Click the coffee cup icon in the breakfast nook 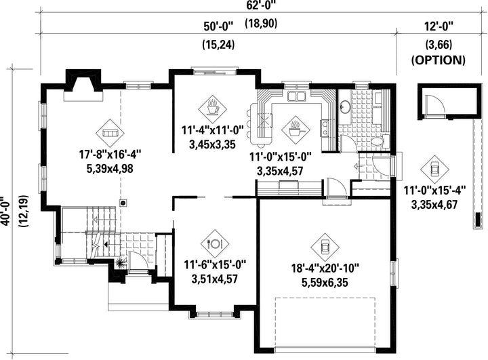tap(213, 109)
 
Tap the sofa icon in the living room tap(110, 133)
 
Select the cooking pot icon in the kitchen tap(296, 130)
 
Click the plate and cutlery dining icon tap(215, 243)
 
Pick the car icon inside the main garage tap(325, 247)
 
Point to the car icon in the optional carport tap(434, 169)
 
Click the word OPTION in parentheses tap(439, 60)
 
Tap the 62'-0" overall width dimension tap(262, 4)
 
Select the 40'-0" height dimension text tap(6, 212)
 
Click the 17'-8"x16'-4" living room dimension tap(110, 154)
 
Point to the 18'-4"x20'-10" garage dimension tap(325, 268)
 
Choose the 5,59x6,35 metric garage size tap(325, 283)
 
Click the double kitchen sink tap(296, 96)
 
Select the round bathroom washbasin tap(344, 107)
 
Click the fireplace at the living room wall tap(83, 85)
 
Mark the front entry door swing tap(138, 262)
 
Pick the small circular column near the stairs tap(123, 203)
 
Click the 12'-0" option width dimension tap(439, 26)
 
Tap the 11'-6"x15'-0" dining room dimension tap(215, 265)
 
